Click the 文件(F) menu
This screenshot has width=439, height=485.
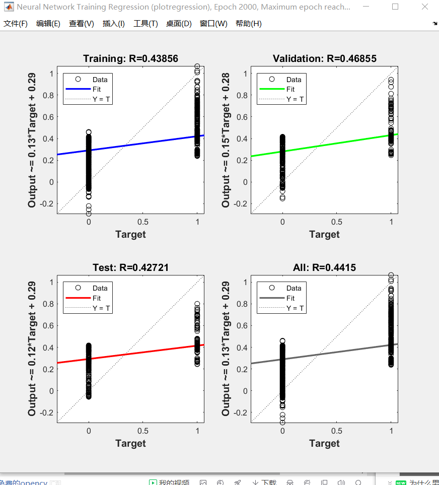(16, 24)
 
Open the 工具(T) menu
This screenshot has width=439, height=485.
(145, 24)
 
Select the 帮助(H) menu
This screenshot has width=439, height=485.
(248, 24)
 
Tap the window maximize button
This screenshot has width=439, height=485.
(395, 7)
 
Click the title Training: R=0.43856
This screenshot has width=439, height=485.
(130, 59)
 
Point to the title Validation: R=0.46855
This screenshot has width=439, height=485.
(324, 59)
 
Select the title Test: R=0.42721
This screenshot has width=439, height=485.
(130, 268)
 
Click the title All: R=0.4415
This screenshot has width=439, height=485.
(324, 268)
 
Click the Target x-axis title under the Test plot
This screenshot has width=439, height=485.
(130, 443)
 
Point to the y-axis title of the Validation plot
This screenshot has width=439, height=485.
(226, 140)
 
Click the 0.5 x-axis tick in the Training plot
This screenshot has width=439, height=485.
(143, 222)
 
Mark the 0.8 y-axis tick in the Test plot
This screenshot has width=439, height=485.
(47, 304)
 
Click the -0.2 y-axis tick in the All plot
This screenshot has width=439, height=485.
(240, 412)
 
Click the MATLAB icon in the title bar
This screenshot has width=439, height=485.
(9, 7)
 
